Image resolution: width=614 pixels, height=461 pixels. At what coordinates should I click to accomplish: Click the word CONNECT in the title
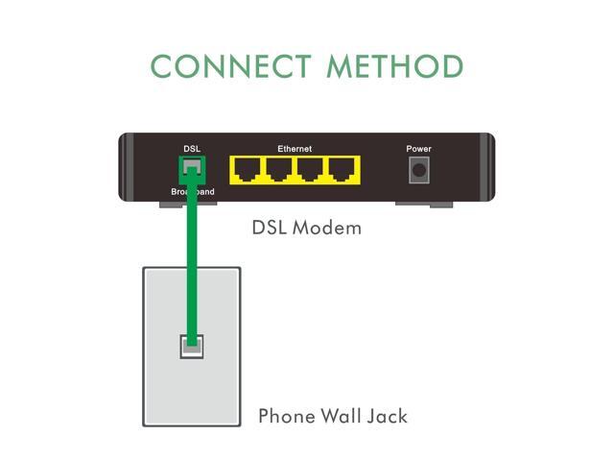[231, 66]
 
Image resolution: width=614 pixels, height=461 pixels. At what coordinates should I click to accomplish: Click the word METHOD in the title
[395, 66]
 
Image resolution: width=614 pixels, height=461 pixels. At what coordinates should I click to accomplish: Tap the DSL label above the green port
[192, 149]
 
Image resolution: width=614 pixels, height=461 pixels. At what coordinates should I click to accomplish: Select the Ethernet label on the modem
[295, 149]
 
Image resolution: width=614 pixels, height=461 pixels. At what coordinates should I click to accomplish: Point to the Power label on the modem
[418, 149]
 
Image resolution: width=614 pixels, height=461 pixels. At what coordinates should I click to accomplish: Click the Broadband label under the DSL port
[193, 192]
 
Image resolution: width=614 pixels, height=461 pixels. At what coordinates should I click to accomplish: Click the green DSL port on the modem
[192, 170]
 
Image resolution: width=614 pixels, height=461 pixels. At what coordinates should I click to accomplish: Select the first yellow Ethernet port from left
[248, 170]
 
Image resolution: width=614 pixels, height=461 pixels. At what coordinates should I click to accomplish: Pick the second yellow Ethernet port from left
[278, 170]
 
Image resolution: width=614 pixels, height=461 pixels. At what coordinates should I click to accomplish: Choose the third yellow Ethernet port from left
[310, 170]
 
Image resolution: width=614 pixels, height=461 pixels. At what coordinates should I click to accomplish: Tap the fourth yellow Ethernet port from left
[342, 170]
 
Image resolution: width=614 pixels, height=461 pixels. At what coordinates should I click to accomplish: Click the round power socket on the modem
[419, 170]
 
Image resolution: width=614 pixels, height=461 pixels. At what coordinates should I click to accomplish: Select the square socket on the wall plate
[192, 347]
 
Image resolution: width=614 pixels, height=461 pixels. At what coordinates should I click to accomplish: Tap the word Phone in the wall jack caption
[287, 416]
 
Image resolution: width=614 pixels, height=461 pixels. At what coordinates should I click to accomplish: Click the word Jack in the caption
[388, 416]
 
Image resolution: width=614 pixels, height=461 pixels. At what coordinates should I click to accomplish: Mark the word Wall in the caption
[341, 416]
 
